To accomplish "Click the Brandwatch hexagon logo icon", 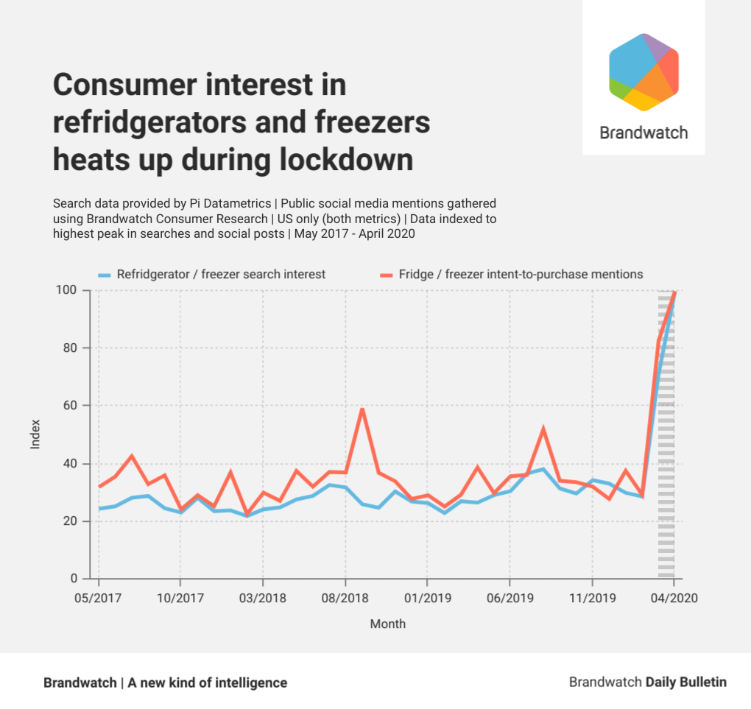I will (x=644, y=72).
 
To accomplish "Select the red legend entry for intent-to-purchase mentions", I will (x=511, y=275).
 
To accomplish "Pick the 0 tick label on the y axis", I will (x=82, y=579).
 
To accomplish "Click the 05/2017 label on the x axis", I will (x=98, y=598).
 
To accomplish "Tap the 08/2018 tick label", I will (x=345, y=598).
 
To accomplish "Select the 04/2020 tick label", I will (x=673, y=598).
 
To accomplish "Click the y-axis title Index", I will (x=35, y=434).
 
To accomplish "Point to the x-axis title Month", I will (x=387, y=624).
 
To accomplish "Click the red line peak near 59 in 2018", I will (x=362, y=409).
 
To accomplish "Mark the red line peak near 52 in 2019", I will (x=543, y=428).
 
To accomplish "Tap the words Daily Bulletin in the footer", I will (x=685, y=682).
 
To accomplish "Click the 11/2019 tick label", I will (x=592, y=598).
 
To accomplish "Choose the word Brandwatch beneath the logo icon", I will (x=644, y=133).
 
